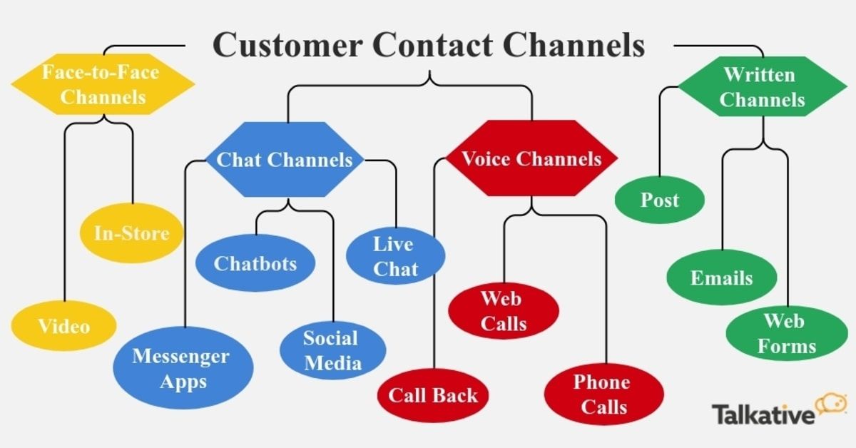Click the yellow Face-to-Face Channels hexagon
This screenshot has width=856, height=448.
pos(103,85)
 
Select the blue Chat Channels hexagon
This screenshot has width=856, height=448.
pos(284,159)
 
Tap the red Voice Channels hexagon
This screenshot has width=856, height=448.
pos(531,158)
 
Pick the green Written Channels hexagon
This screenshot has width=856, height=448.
pos(762,87)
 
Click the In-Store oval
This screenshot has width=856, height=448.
pos(131,233)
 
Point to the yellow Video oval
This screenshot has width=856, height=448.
pos(64,327)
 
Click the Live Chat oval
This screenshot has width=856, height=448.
pos(394,256)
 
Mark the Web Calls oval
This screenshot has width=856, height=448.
pos(504,310)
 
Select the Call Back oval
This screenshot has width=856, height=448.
pos(434,394)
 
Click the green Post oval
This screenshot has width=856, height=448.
pos(660,200)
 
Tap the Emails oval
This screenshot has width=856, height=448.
pos(721,278)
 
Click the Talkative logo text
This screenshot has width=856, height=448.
pos(763,414)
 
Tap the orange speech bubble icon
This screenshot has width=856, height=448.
pos(830,404)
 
